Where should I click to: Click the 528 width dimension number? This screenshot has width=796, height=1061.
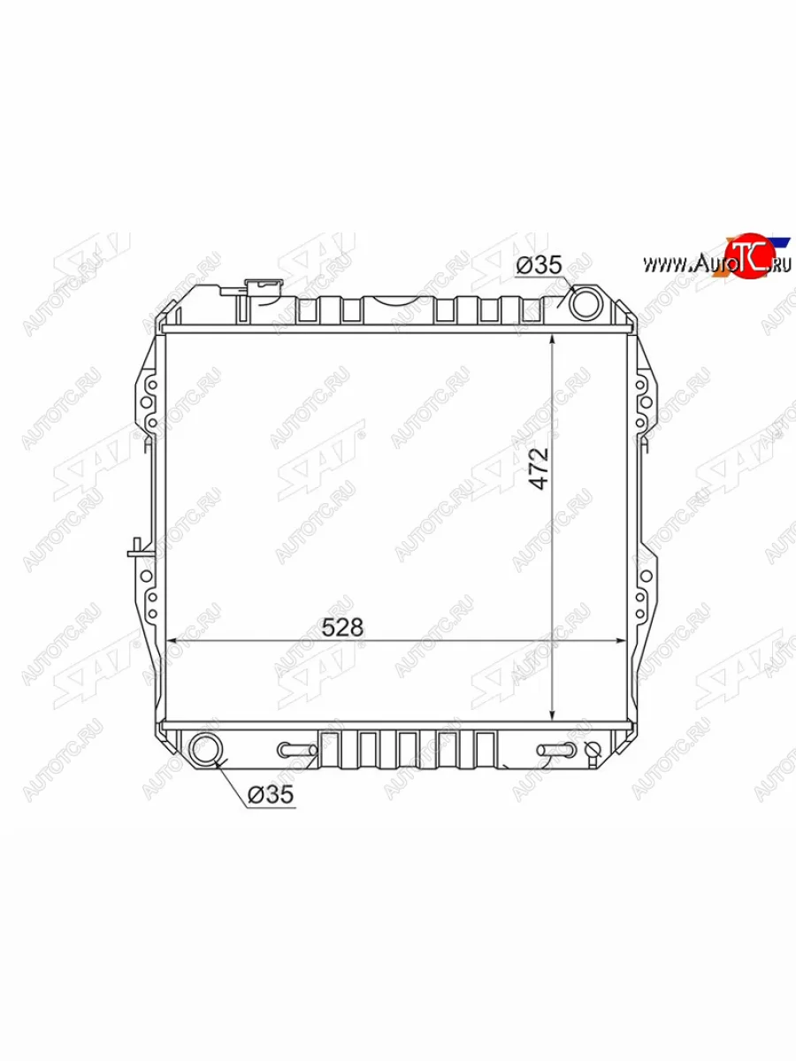[x=342, y=628]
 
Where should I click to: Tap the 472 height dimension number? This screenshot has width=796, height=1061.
[x=539, y=469]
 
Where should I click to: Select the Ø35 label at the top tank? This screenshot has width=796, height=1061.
[x=539, y=265]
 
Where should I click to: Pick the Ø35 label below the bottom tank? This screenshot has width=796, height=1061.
[x=270, y=794]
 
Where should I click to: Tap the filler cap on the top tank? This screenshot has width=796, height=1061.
[x=264, y=286]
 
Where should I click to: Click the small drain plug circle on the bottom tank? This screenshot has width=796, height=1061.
[x=593, y=749]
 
